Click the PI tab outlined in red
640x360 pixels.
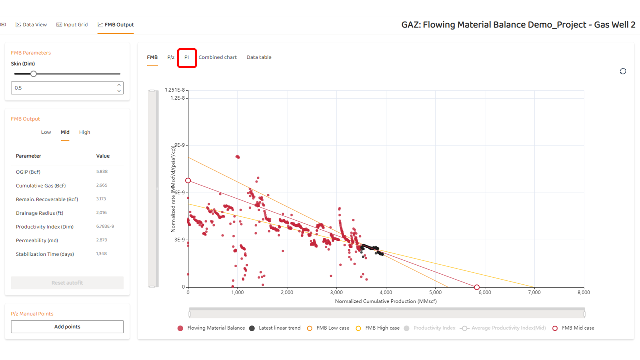click(186, 57)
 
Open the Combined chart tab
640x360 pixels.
click(218, 57)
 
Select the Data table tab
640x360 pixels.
click(259, 57)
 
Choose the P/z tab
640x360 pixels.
click(171, 57)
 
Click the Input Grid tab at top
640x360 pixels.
click(72, 25)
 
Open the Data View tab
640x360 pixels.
click(31, 25)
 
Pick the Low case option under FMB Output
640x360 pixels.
click(46, 132)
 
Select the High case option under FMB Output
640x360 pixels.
click(85, 132)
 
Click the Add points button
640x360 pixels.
click(67, 327)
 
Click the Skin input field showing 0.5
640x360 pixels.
click(62, 88)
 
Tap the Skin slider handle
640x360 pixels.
click(34, 74)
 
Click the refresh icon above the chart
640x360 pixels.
click(623, 71)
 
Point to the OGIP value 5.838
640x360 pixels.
click(102, 172)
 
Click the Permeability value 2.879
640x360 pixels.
click(102, 240)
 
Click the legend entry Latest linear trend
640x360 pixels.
click(279, 328)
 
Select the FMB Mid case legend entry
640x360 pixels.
click(578, 328)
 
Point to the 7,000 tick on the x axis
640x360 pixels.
click(534, 292)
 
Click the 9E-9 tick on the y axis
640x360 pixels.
click(179, 145)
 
